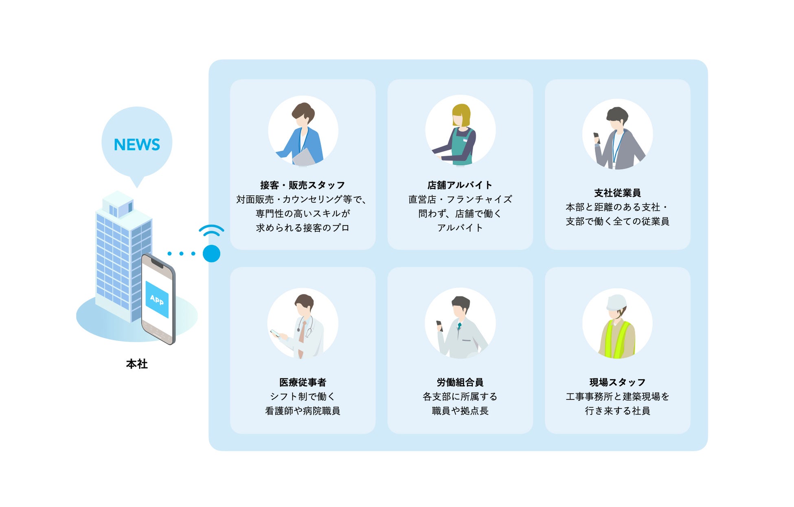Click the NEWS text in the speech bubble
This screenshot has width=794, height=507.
click(x=137, y=145)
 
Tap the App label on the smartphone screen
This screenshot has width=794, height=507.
click(x=157, y=300)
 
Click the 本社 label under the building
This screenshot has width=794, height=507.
click(x=137, y=364)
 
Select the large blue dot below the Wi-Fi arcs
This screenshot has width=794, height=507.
click(x=211, y=253)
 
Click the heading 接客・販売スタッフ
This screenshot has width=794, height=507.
click(x=303, y=185)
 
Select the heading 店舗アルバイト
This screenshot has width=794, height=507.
click(x=460, y=185)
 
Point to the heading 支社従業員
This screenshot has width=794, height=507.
click(x=617, y=193)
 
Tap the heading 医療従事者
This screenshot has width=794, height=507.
click(x=303, y=382)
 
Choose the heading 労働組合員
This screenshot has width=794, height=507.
click(x=460, y=382)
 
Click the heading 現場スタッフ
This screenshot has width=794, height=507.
click(x=617, y=382)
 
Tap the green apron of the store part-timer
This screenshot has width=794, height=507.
click(x=462, y=149)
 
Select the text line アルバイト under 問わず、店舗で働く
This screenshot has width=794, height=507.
click(x=460, y=228)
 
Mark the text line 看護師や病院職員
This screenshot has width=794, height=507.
click(x=303, y=411)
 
